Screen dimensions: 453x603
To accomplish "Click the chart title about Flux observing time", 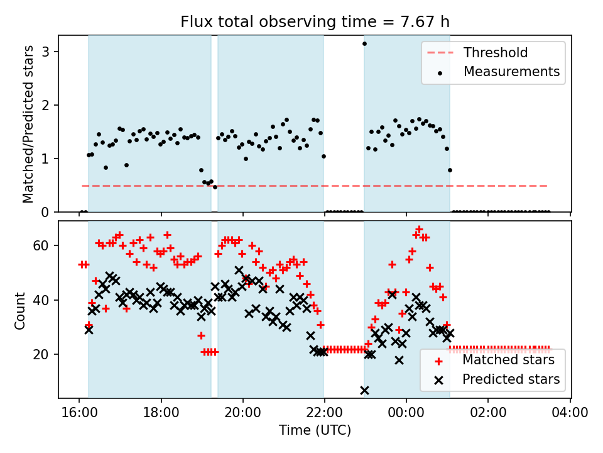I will coord(315,22).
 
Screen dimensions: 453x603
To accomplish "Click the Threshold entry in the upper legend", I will coord(495,53).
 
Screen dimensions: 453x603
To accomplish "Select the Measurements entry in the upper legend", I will coord(511,72).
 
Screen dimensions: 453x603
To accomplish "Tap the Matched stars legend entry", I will coord(508,360).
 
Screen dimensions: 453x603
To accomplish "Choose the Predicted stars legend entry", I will coord(511,379).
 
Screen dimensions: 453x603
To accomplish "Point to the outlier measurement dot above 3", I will coord(364,43).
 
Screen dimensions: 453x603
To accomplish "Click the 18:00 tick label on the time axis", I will coord(161,413).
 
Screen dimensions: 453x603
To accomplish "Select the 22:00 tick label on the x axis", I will coord(324,413).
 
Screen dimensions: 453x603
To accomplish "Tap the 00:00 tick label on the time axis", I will coord(406,413).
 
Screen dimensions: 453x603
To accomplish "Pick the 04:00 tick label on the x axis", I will coord(570,413).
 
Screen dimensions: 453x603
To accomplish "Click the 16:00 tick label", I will coord(79,413).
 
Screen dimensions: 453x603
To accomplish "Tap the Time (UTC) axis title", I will coord(315,430).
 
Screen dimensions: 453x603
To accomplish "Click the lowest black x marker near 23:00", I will coord(364,390).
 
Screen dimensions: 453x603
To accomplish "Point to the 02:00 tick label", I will coord(488,413).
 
